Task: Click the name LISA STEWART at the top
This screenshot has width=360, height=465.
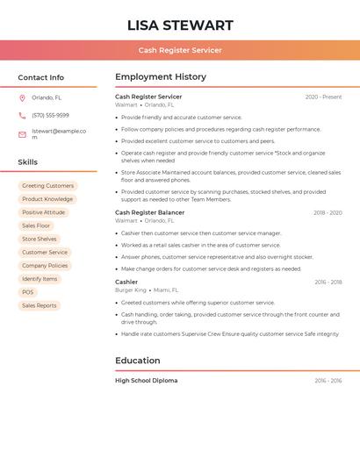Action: [180, 25]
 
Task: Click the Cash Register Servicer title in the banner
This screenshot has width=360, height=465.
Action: [180, 50]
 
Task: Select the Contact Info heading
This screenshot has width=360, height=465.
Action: [41, 77]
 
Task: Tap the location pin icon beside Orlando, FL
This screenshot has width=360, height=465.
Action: [22, 98]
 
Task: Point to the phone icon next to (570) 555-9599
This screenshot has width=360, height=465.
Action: [22, 116]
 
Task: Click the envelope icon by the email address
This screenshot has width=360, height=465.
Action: [22, 134]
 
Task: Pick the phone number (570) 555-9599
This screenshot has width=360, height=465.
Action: [50, 116]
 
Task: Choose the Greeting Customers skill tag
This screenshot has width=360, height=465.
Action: [47, 186]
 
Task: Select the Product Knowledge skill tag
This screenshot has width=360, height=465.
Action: [47, 199]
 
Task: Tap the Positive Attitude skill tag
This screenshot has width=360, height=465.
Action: [44, 212]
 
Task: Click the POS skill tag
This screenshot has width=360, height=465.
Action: [28, 292]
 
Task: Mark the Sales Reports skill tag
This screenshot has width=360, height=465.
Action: [40, 305]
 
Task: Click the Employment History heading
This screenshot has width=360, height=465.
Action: [161, 77]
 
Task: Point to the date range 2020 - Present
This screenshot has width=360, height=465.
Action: [323, 97]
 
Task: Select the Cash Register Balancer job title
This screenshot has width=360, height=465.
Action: [150, 212]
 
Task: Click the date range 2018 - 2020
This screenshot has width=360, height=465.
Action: [327, 213]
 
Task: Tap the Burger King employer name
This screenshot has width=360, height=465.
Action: [131, 290]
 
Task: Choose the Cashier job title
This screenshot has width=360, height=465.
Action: [126, 282]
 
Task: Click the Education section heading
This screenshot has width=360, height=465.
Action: [138, 361]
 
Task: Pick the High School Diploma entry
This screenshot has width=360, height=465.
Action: [147, 381]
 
